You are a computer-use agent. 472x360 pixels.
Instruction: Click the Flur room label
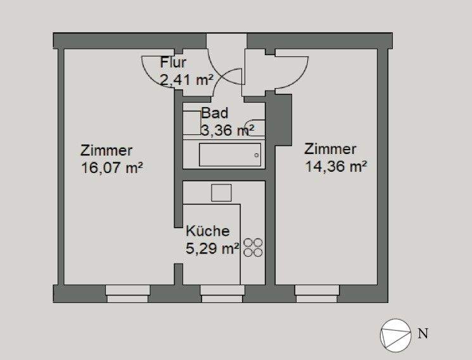click(172, 63)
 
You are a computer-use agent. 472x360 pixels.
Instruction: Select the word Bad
click(213, 114)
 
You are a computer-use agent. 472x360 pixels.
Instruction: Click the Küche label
click(207, 232)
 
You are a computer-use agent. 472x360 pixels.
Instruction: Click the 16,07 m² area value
click(111, 168)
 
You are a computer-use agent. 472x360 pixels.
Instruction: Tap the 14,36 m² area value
click(336, 167)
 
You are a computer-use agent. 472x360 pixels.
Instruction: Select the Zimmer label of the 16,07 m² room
click(106, 151)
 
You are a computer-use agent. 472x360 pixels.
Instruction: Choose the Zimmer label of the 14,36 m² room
click(330, 150)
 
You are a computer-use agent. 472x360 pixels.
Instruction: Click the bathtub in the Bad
click(230, 155)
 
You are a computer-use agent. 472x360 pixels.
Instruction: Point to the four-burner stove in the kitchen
click(253, 247)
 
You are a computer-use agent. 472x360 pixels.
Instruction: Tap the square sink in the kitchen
click(221, 192)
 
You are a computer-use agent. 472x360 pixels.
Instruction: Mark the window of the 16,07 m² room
click(127, 291)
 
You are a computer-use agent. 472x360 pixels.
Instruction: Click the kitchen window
click(222, 291)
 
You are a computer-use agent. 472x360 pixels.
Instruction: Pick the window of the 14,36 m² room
click(317, 291)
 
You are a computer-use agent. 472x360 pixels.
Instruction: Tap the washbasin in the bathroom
click(257, 127)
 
